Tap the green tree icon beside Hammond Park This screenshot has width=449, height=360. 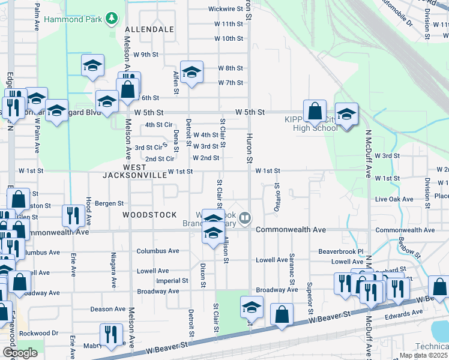point(111,19)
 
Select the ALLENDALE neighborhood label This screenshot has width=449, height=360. point(149,29)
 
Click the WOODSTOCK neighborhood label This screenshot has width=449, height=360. point(149,214)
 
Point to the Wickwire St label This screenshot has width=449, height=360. point(225,9)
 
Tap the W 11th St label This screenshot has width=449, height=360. point(228,24)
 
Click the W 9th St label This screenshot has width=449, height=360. point(145,54)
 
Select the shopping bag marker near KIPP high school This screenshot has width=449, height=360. point(315,111)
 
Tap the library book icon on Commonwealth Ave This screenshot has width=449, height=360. point(245,218)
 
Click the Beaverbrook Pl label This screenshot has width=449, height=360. point(341,251)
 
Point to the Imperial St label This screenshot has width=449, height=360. point(172,280)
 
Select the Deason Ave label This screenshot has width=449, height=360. point(108,309)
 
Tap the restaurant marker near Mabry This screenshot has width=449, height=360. point(111,334)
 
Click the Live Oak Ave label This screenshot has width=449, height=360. point(394,199)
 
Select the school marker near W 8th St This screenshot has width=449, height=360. point(191,73)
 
